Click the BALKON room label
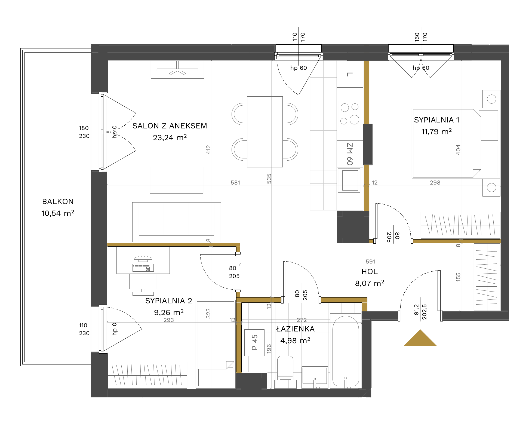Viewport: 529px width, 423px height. (x=58, y=201)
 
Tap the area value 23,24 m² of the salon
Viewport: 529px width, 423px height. (x=170, y=137)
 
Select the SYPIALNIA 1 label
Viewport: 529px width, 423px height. (x=436, y=120)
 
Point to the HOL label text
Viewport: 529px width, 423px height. (x=370, y=271)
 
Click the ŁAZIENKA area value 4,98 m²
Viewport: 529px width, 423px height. (x=295, y=340)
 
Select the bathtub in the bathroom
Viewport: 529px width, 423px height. (x=346, y=351)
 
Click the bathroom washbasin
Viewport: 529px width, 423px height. (x=315, y=377)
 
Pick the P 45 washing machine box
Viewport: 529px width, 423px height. (x=254, y=342)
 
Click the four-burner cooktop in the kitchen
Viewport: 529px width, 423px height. (x=350, y=114)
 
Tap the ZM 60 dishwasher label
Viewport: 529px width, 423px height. (x=350, y=154)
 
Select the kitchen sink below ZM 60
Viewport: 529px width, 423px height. (x=349, y=180)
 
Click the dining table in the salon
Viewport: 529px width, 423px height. (x=265, y=132)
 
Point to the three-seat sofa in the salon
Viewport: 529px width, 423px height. (x=176, y=222)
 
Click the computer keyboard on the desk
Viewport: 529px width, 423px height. (x=143, y=268)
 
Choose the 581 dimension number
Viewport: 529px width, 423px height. (x=235, y=182)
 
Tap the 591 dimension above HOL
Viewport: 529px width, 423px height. (x=370, y=261)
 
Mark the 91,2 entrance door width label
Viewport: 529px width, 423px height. (x=416, y=310)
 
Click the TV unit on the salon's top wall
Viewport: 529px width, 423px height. (x=177, y=70)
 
